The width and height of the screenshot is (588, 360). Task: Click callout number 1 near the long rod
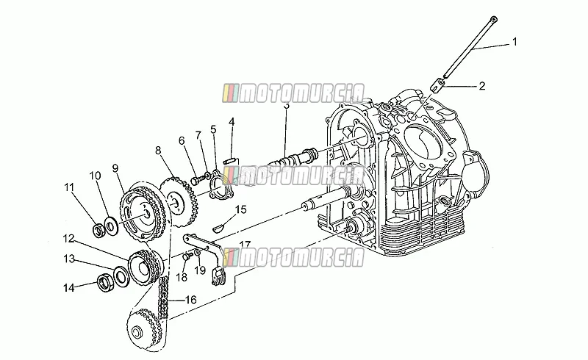tap(514, 42)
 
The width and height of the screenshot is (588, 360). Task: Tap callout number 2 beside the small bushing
tap(482, 86)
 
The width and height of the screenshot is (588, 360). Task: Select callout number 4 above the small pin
tap(232, 122)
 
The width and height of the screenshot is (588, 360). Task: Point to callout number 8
tap(158, 151)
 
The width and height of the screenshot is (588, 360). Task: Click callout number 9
tap(115, 168)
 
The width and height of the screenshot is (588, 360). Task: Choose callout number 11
tap(69, 187)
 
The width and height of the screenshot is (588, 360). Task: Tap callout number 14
tap(68, 288)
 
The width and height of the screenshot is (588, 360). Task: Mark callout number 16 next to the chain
tap(191, 300)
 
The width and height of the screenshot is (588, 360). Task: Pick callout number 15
tap(241, 209)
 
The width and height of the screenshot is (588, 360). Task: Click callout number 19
tap(200, 270)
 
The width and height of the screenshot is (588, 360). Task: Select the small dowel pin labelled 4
tap(229, 162)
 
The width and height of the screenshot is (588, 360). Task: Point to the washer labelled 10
tap(111, 226)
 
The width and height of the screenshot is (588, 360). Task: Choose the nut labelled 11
tap(99, 229)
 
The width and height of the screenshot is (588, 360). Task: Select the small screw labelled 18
tap(187, 256)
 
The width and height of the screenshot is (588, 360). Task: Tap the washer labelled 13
tap(121, 276)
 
